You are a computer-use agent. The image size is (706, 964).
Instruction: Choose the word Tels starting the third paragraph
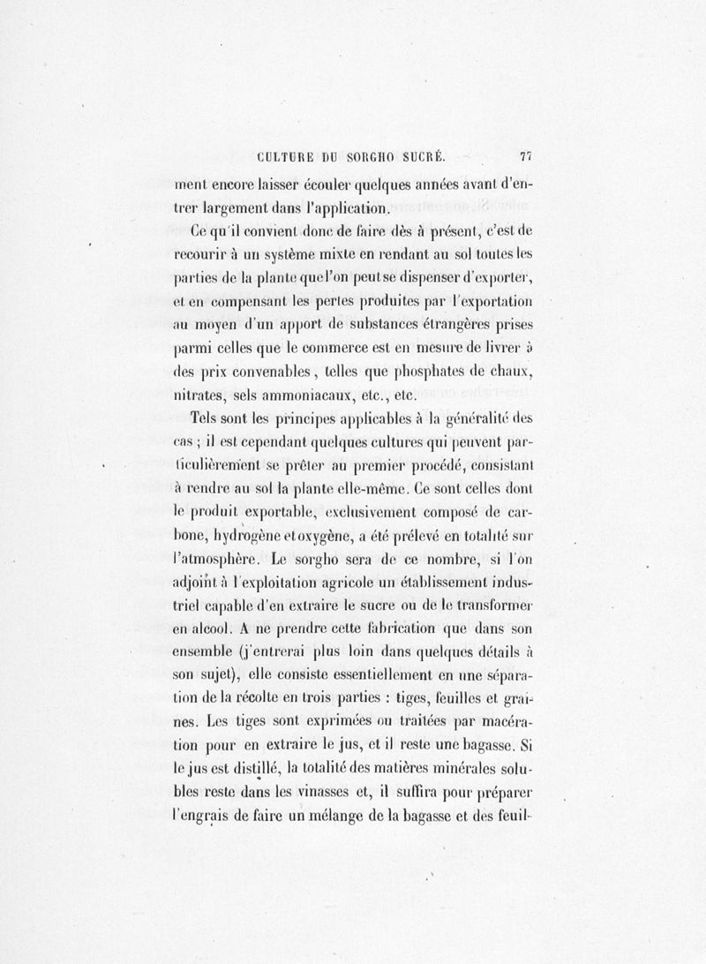pos(208,418)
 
